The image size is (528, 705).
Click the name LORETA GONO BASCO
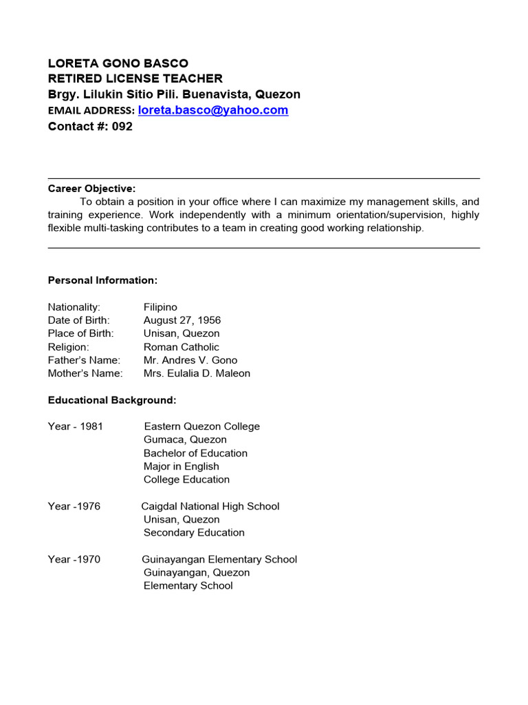[118, 63]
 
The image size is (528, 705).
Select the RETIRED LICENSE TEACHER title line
[135, 78]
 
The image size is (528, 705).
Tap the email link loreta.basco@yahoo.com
[213, 110]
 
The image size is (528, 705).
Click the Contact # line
[90, 127]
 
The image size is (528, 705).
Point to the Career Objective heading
[91, 189]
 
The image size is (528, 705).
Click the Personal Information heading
[102, 280]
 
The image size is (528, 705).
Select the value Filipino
[160, 307]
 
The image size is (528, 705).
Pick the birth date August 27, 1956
[182, 320]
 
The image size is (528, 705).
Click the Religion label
[68, 347]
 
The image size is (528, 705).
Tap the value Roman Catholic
[181, 347]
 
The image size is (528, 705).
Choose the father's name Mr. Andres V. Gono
[190, 360]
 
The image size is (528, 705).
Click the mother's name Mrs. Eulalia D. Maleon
[197, 373]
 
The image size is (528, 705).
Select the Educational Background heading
[112, 400]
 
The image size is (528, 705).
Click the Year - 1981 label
[75, 426]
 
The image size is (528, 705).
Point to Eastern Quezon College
[201, 426]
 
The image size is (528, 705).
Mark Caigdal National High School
[210, 506]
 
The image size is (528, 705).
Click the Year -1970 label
[74, 559]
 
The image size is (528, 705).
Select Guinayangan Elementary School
[219, 559]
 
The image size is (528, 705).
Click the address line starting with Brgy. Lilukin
[174, 94]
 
